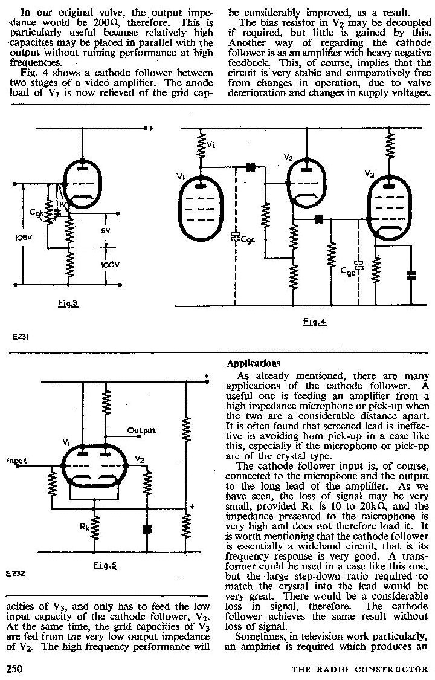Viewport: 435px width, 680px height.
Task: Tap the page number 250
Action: pyautogui.click(x=15, y=669)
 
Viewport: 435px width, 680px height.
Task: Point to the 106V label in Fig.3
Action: pyautogui.click(x=13, y=237)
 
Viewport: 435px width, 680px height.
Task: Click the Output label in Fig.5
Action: pyautogui.click(x=141, y=430)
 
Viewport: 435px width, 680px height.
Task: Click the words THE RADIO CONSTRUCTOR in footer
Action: pyautogui.click(x=359, y=669)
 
